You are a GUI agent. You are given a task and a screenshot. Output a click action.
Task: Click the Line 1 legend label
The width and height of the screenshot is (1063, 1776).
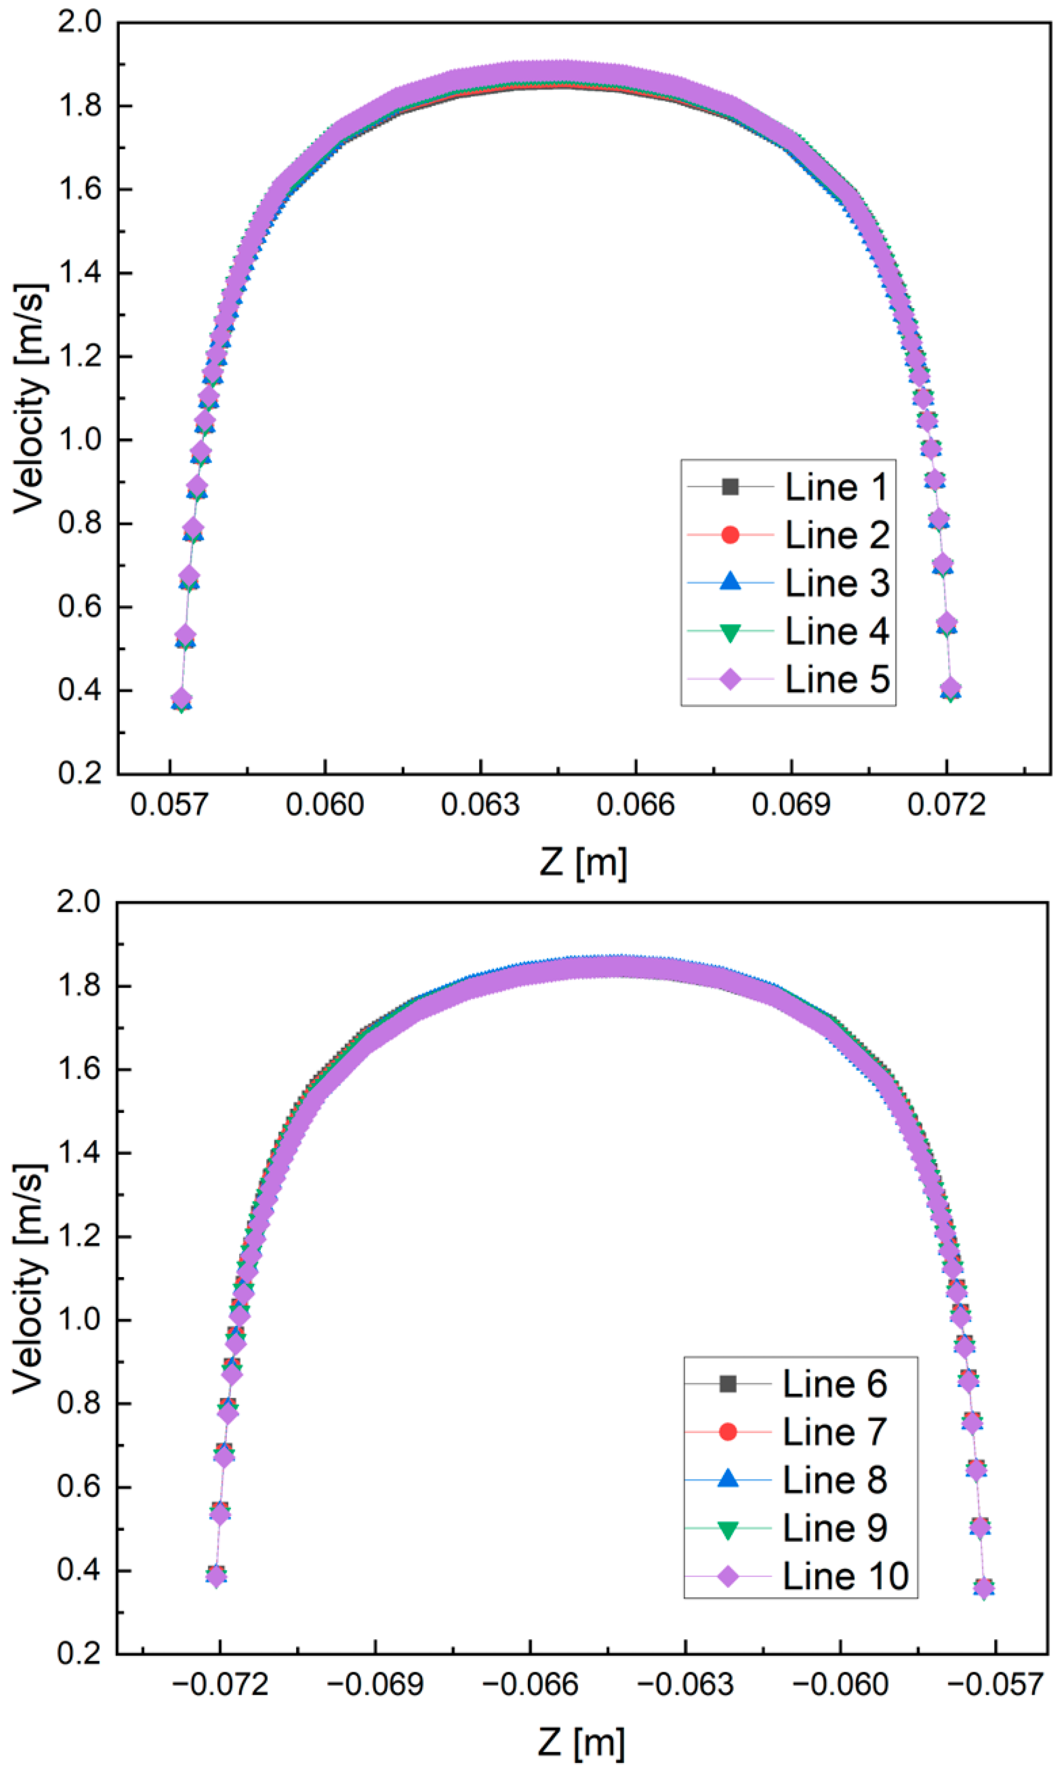pyautogui.click(x=836, y=488)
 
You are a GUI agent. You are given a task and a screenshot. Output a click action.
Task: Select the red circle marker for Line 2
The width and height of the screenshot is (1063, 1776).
pyautogui.click(x=730, y=535)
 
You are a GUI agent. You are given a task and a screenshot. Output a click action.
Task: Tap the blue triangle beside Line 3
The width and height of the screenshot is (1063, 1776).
pyautogui.click(x=730, y=582)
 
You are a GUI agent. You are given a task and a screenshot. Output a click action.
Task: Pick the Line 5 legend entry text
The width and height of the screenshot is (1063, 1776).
pyautogui.click(x=836, y=680)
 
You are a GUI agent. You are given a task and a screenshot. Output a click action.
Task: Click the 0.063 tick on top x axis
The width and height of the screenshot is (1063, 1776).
pyautogui.click(x=480, y=805)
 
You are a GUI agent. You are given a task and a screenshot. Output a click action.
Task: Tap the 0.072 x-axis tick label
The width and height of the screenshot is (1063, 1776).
pyautogui.click(x=946, y=805)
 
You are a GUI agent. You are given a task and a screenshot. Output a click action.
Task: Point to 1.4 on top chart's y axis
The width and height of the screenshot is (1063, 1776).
pyautogui.click(x=80, y=273)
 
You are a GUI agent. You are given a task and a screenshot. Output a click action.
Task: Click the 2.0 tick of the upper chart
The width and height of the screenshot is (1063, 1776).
pyautogui.click(x=80, y=22)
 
